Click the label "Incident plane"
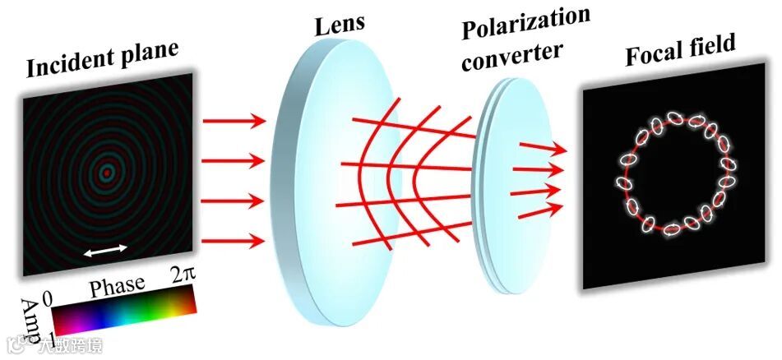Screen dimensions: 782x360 [x=102, y=62]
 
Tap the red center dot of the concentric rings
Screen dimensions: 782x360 [x=106, y=173]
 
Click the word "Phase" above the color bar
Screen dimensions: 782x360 [x=117, y=288]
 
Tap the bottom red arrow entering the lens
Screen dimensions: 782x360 [x=234, y=242]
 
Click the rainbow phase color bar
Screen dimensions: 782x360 [x=123, y=306]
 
